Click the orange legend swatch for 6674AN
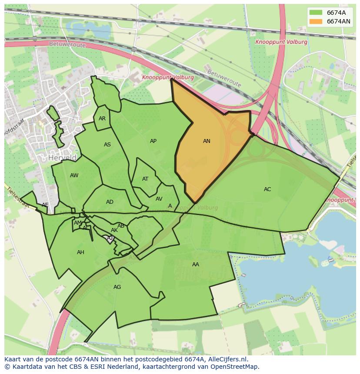coord(316,21)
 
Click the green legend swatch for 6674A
coord(316,12)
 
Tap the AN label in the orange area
coord(207,141)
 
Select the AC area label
coord(267,189)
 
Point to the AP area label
coord(153,141)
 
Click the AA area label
coord(196,264)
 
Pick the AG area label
coord(117,287)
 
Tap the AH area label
coord(80,252)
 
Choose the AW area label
coord(74,175)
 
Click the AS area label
coord(107,145)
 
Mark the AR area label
coord(102,118)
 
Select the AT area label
coord(145,179)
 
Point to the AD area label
coord(110,202)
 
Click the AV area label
coord(159,199)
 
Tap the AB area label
coord(121,225)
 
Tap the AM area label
coord(77,223)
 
